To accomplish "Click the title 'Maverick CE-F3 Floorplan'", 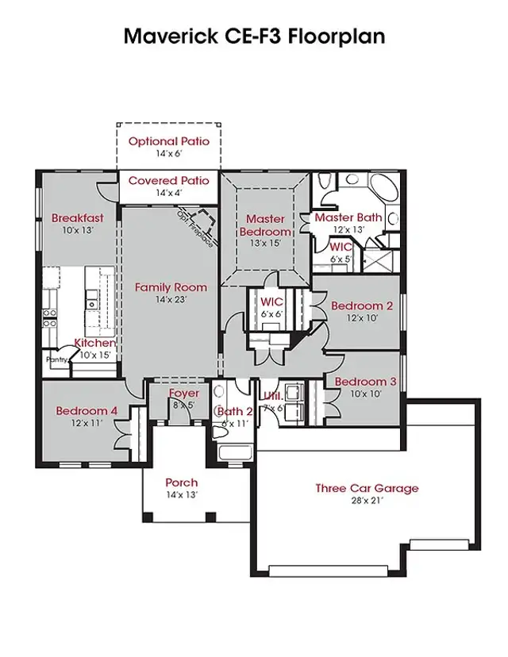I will coord(254,36).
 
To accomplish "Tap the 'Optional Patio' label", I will coord(169,141).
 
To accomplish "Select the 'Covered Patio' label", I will coord(169,181).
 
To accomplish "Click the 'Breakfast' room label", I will coord(78,218).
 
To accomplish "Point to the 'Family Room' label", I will coord(171,287).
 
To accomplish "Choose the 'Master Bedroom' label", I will coord(265,225).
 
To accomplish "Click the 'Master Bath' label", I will coord(349,217).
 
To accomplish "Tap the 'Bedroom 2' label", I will coord(362,305).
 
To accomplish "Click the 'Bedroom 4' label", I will coord(87,411).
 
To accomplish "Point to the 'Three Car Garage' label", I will coord(367,488).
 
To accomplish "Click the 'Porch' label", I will coord(181,482).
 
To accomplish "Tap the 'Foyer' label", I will coord(184,394).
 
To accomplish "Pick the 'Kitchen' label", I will coord(94,343).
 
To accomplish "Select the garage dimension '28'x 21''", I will coord(367,501).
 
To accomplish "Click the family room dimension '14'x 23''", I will coord(171,300).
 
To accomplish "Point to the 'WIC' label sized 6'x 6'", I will coord(272,302).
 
